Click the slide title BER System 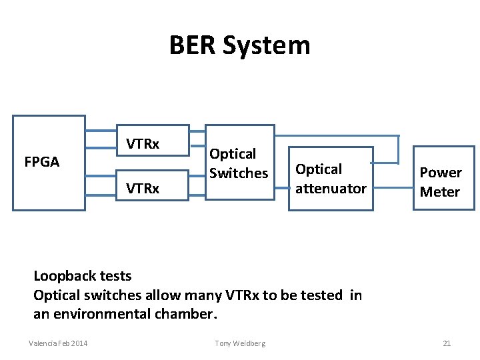(x=239, y=45)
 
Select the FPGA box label (x=41, y=162)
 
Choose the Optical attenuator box (x=331, y=179)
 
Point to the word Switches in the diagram (x=239, y=173)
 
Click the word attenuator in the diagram (x=331, y=189)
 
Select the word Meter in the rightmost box (x=440, y=192)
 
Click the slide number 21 (x=447, y=343)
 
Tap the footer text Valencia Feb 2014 (x=58, y=343)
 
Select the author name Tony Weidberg (x=240, y=343)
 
